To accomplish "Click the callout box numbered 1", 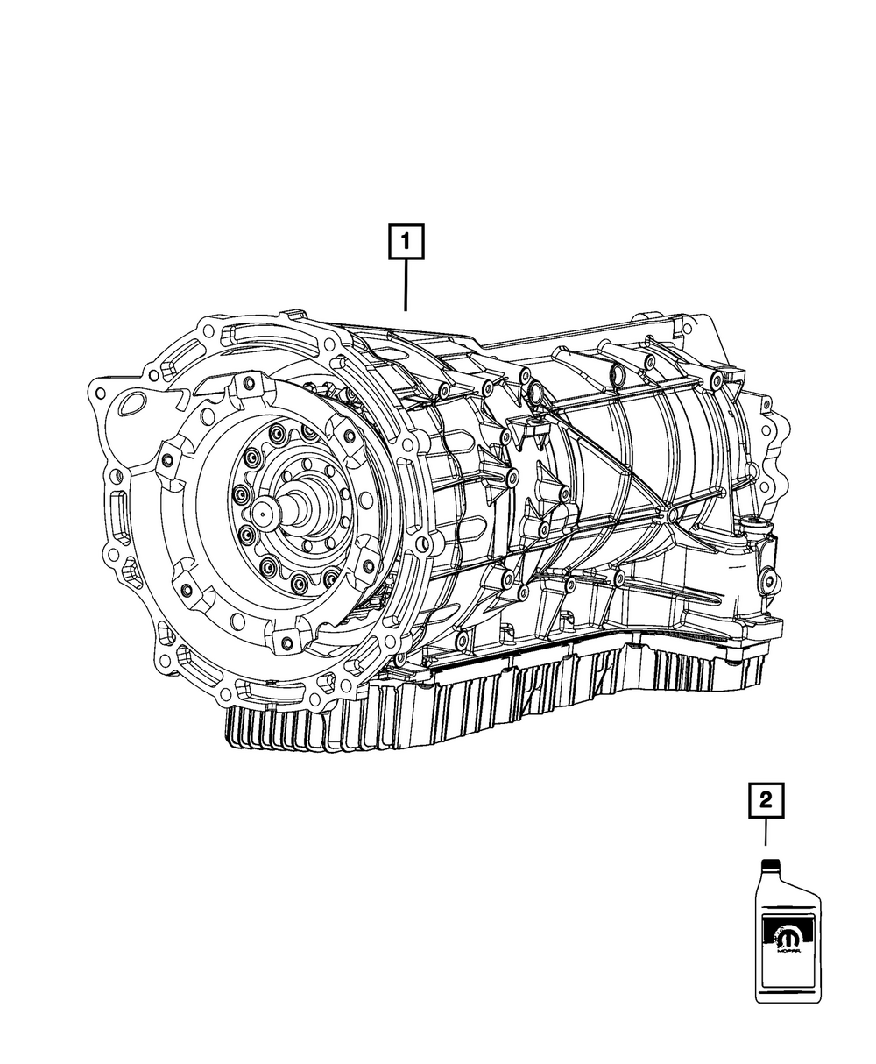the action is [x=406, y=242].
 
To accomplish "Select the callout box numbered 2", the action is [x=766, y=815].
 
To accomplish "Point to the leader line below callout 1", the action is [x=406, y=286].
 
